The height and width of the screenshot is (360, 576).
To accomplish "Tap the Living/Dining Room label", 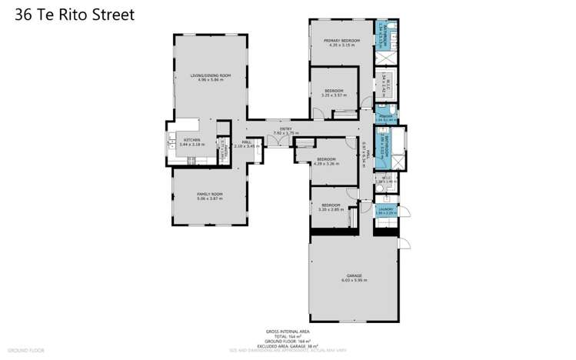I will [210, 75].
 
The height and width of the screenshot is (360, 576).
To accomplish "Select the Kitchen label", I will [191, 140].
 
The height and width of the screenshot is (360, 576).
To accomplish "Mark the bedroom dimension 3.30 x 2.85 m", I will [331, 209].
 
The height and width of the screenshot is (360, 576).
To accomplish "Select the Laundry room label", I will [386, 208].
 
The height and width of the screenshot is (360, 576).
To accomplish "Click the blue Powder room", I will [385, 118].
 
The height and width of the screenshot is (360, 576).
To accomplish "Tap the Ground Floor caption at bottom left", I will [26, 350].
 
